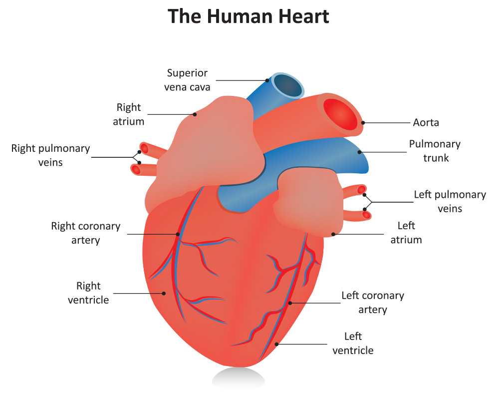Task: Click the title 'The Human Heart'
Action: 248,16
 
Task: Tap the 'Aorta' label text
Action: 426,123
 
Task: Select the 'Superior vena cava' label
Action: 187,80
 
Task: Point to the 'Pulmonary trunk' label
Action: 435,151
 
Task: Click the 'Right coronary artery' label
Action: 86,233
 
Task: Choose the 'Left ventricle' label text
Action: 353,344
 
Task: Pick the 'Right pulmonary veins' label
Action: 50,155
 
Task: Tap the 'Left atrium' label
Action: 406,233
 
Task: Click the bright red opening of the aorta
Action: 341,114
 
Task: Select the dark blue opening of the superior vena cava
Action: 288,85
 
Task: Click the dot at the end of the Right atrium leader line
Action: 195,114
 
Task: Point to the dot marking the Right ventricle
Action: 164,293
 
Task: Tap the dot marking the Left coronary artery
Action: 290,303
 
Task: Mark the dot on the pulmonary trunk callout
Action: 360,152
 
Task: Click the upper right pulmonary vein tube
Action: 153,150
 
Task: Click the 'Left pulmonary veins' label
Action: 450,201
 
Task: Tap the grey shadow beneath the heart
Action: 239,378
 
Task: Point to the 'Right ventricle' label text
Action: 88,293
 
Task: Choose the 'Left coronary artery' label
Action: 373,302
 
